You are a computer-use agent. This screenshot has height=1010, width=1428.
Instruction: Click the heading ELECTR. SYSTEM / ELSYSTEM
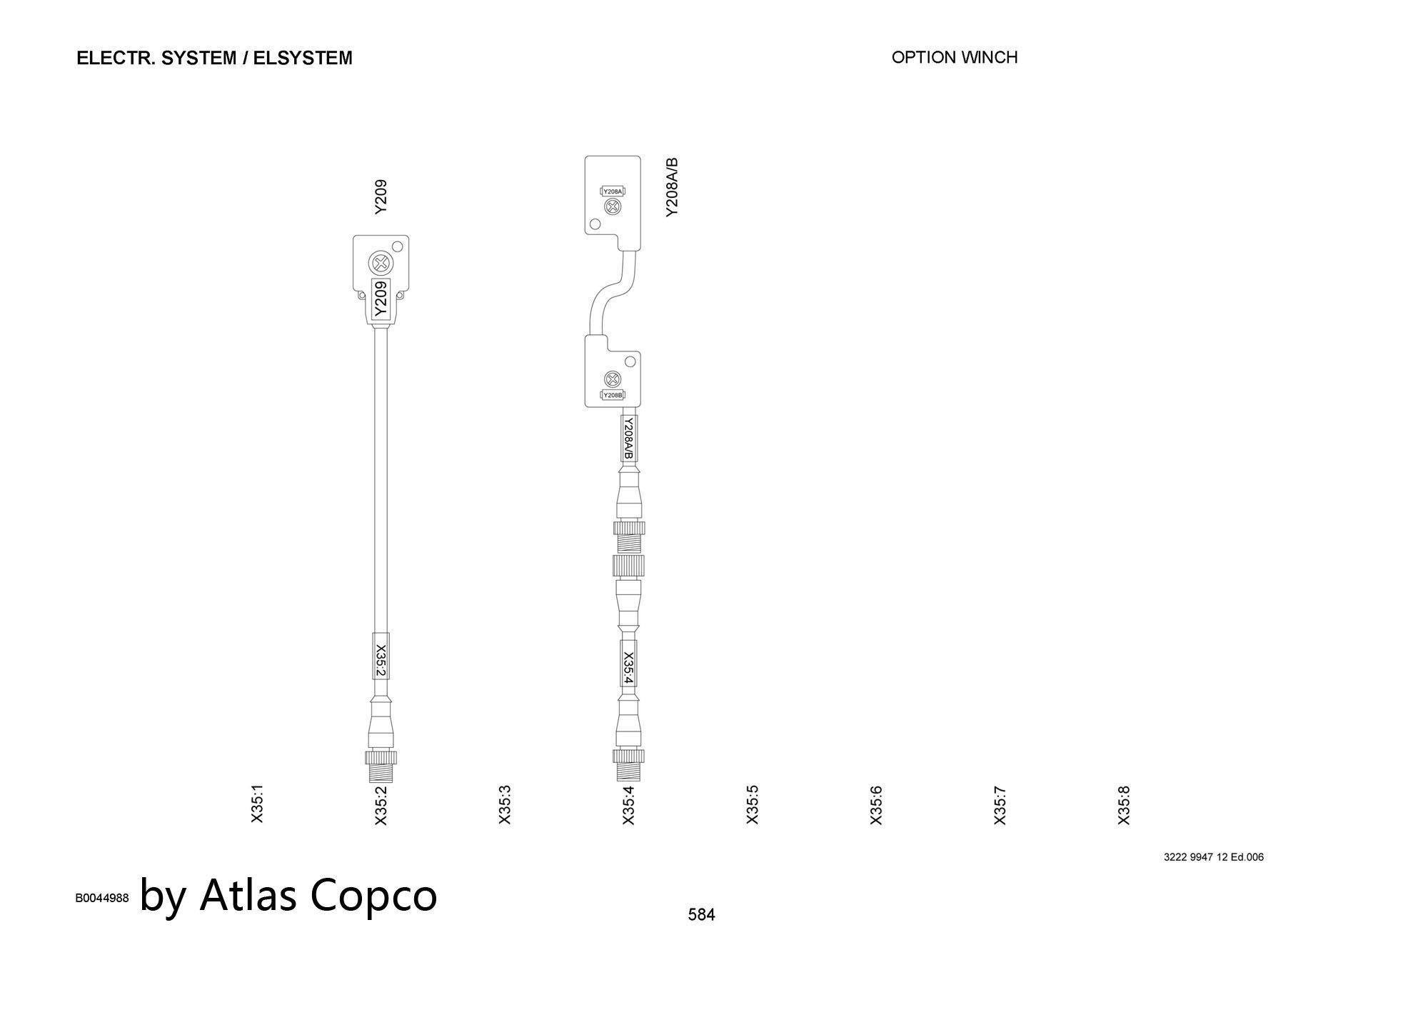coord(214,58)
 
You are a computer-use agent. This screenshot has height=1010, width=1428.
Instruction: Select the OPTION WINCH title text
coord(955,57)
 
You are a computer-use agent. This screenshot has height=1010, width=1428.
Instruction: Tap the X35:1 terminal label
coord(258,804)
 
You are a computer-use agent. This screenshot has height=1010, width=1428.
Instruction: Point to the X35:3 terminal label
coord(505,804)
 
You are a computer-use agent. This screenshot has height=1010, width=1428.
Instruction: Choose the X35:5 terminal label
coord(753,804)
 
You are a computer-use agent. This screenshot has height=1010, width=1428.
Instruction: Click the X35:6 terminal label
coord(876,805)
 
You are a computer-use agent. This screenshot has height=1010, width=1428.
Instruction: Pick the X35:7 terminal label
coord(1000,805)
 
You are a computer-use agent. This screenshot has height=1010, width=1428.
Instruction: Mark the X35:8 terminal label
coord(1124,805)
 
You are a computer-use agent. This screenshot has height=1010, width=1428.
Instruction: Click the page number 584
coord(701,914)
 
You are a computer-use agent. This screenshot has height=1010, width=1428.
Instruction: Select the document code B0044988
coord(102,898)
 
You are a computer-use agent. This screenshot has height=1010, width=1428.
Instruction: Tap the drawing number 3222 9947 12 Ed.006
coord(1214,857)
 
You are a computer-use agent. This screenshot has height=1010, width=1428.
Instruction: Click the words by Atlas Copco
coord(288,894)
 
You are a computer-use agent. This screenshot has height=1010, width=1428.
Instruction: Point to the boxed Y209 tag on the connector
coord(381,299)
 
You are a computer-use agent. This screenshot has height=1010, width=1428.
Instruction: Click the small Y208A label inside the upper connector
coord(613,191)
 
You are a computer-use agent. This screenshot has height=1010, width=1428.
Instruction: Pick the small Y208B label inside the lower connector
coord(613,395)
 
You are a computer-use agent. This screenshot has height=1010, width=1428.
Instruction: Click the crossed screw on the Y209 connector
coord(381,264)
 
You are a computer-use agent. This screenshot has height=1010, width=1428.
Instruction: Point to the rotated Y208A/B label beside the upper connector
coord(672,187)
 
